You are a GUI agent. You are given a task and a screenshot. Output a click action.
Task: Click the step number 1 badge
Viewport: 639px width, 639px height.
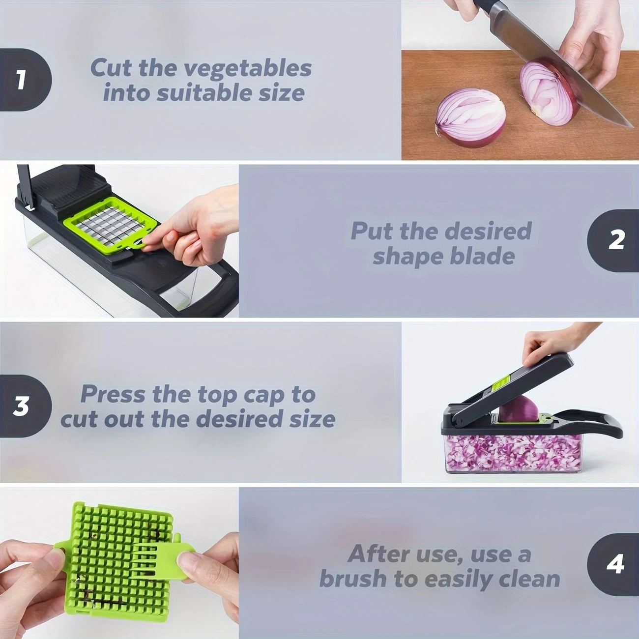coord(22,80)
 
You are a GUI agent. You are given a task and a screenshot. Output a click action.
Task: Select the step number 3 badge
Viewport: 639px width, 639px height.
coord(22,406)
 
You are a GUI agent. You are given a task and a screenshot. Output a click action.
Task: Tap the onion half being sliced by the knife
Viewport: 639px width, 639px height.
coord(548,91)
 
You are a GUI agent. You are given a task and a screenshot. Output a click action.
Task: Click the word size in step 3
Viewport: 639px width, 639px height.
coord(312,419)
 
